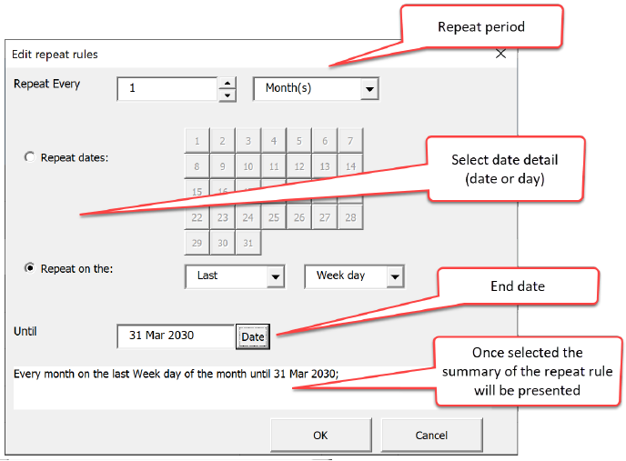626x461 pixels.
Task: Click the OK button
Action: pyautogui.click(x=320, y=435)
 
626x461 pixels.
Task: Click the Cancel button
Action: pyautogui.click(x=431, y=435)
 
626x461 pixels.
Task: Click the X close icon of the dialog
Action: pyautogui.click(x=500, y=54)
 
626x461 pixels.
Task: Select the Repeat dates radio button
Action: pyautogui.click(x=30, y=157)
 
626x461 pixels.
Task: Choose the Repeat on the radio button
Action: pyautogui.click(x=30, y=268)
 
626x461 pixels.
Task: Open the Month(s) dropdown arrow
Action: pyautogui.click(x=369, y=89)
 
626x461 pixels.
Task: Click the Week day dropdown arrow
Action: pyautogui.click(x=394, y=276)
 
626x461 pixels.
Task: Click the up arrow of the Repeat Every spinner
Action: pyautogui.click(x=227, y=84)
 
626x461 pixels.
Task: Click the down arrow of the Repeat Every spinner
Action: pyautogui.click(x=227, y=95)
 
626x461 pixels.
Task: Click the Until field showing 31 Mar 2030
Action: pyautogui.click(x=175, y=336)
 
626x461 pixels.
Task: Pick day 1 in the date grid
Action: pyautogui.click(x=197, y=141)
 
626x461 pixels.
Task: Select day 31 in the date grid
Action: pyautogui.click(x=247, y=243)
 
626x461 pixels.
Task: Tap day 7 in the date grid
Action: pyautogui.click(x=350, y=141)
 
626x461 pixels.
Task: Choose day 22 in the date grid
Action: pyautogui.click(x=197, y=217)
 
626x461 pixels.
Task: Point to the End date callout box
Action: pyautogui.click(x=518, y=286)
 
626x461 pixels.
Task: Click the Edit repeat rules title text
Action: pyautogui.click(x=55, y=55)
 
